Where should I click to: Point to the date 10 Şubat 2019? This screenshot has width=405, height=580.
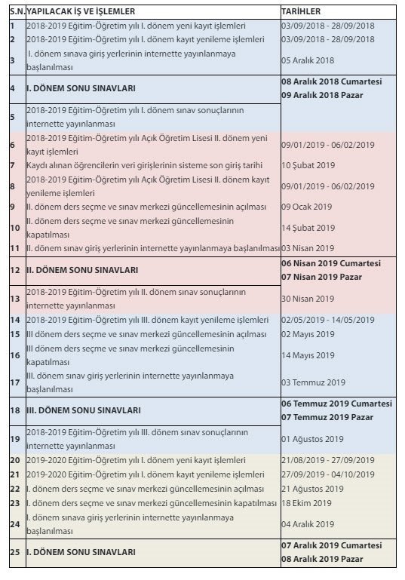click(x=308, y=165)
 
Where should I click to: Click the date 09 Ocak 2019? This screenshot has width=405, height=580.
click(x=307, y=207)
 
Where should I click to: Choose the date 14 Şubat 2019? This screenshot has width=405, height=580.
click(x=308, y=227)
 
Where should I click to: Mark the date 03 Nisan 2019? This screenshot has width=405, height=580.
click(x=307, y=247)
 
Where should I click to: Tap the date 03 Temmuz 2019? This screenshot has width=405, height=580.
click(x=313, y=382)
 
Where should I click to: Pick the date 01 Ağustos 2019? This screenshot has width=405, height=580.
click(x=312, y=439)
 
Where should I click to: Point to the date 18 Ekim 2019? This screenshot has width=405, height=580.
click(x=306, y=503)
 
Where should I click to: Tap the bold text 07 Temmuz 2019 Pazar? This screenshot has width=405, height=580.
click(x=327, y=417)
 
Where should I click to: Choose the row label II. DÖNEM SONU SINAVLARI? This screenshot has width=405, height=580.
click(x=82, y=269)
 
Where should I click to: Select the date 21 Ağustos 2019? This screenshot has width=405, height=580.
click(x=312, y=489)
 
